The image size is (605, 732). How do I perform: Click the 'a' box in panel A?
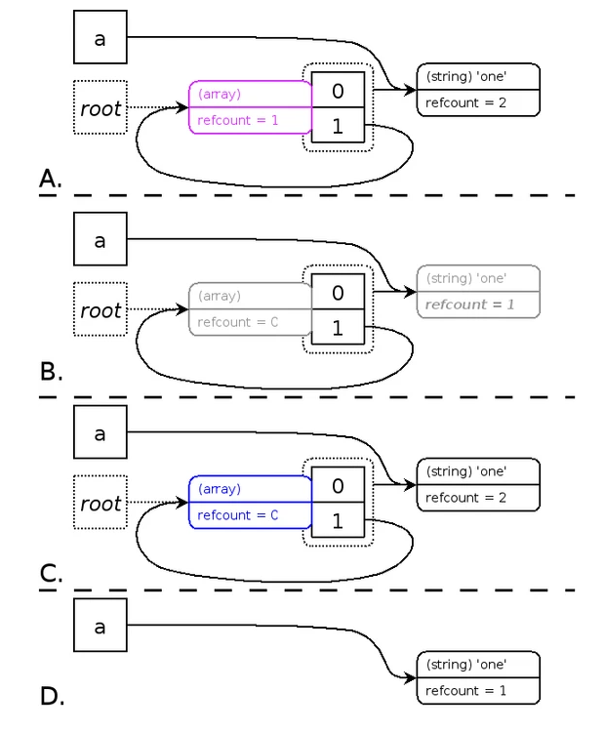[x=101, y=37]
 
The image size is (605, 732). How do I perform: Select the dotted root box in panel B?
[x=101, y=309]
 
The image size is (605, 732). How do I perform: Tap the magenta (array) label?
[x=220, y=94]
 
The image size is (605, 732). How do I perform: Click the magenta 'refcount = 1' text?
[x=238, y=120]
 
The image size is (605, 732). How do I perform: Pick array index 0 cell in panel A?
[x=338, y=90]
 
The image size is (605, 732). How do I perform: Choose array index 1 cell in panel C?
[x=338, y=520]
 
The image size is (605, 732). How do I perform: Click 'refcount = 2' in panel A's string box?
[x=465, y=102]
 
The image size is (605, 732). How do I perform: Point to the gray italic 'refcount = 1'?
[x=469, y=305]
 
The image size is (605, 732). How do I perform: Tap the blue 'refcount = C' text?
[x=238, y=515]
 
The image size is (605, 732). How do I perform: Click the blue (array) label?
[x=220, y=489]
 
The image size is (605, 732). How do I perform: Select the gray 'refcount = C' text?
[x=238, y=322]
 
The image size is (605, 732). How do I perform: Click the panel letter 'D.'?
[x=52, y=696]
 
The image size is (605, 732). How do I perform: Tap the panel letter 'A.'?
[x=51, y=179]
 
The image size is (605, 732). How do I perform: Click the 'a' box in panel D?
[x=101, y=625]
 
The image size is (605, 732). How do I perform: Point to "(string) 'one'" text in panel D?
[x=466, y=665]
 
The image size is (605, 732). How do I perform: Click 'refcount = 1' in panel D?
[x=465, y=690]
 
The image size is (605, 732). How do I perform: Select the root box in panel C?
[x=101, y=503]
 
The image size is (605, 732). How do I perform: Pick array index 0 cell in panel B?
[x=338, y=291]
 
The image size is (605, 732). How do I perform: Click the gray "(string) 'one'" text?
[x=466, y=278]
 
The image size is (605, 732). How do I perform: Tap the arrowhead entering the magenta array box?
[x=181, y=107]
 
